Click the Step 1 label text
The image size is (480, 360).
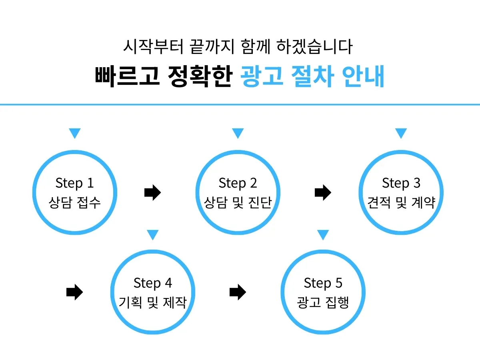click(74, 183)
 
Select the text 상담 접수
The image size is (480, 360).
click(74, 202)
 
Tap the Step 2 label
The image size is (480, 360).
click(238, 183)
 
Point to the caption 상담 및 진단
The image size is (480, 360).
click(238, 202)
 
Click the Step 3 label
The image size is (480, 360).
click(401, 183)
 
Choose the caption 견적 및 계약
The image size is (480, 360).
click(401, 202)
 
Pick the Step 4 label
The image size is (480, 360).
click(153, 283)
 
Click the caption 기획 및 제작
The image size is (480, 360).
click(153, 302)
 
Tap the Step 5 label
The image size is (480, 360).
click(323, 283)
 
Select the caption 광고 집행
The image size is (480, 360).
click(323, 302)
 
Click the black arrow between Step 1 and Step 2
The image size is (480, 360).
click(152, 193)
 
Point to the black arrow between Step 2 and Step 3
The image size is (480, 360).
click(323, 193)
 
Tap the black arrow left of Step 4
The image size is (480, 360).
click(74, 292)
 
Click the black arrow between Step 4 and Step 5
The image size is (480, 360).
click(238, 292)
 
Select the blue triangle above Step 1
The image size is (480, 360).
click(74, 133)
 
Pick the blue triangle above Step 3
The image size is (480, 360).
click(401, 133)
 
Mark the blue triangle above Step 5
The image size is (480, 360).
click(323, 234)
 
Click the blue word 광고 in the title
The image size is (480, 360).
click(262, 76)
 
